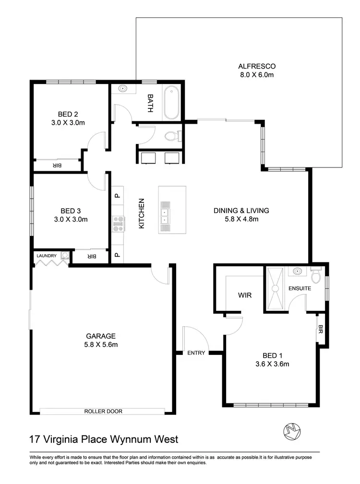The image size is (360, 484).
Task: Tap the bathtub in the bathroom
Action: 171,103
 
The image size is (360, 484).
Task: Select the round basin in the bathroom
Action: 122,89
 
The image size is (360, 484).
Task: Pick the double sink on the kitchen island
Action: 165,215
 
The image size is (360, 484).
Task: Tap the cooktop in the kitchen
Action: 118,224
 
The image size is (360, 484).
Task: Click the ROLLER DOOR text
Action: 103,411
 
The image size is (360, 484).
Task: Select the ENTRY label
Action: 196,353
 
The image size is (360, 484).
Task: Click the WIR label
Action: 244,295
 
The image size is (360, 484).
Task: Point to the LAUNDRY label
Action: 47,256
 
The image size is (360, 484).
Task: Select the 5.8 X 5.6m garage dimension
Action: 101,344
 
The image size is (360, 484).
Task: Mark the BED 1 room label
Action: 273,355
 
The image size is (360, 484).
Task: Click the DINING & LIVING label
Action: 241,210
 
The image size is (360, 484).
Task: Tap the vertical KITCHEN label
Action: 142,213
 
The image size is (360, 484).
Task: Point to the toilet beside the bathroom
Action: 171,137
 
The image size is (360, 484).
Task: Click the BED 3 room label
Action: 68,211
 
